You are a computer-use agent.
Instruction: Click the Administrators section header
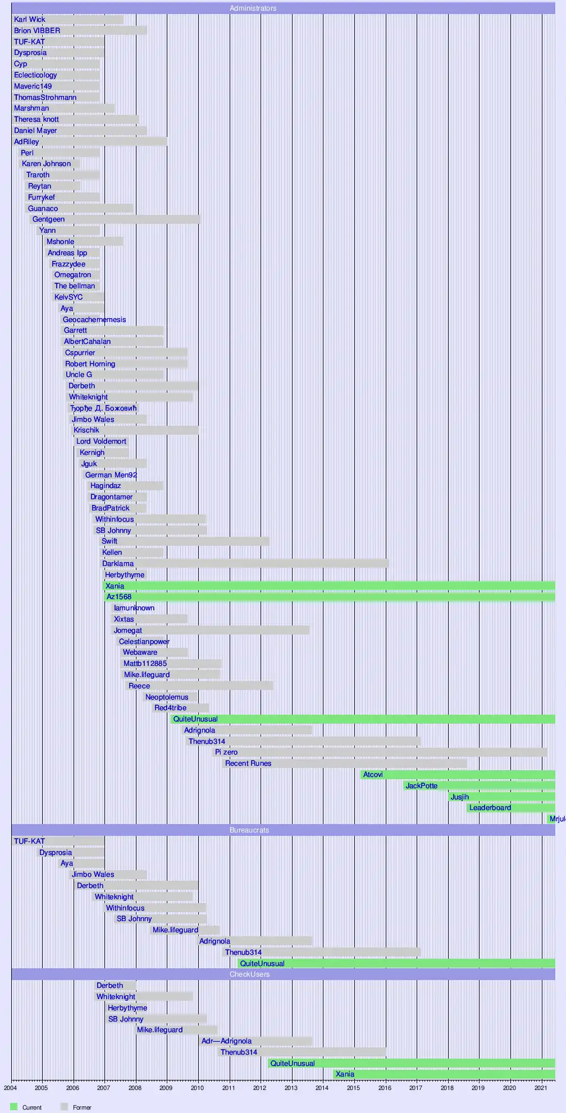[x=253, y=8]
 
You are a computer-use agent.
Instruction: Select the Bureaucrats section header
[x=249, y=830]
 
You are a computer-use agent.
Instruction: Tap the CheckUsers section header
[x=249, y=974]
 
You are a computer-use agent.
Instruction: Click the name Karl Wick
[x=30, y=20]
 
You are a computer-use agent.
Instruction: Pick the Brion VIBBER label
[x=37, y=31]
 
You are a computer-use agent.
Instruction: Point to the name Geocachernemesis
[x=94, y=320]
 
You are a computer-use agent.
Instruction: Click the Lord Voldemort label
[x=101, y=441]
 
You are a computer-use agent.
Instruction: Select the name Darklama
[x=118, y=564]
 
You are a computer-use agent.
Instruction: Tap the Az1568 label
[x=119, y=597]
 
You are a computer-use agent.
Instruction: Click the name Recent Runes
[x=248, y=764]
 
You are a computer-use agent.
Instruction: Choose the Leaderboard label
[x=490, y=808]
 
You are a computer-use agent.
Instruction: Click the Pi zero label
[x=226, y=752]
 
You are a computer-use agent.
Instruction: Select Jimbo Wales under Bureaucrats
[x=93, y=875]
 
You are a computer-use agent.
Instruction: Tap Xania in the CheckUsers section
[x=345, y=1074]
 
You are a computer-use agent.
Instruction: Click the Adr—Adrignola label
[x=226, y=1041]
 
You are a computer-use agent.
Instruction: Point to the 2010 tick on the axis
[x=197, y=1088]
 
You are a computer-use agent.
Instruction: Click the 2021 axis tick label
[x=540, y=1088]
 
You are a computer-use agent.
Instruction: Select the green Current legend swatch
[x=14, y=1107]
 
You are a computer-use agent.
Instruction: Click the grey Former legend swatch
[x=64, y=1107]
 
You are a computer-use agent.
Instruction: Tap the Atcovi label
[x=373, y=775]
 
